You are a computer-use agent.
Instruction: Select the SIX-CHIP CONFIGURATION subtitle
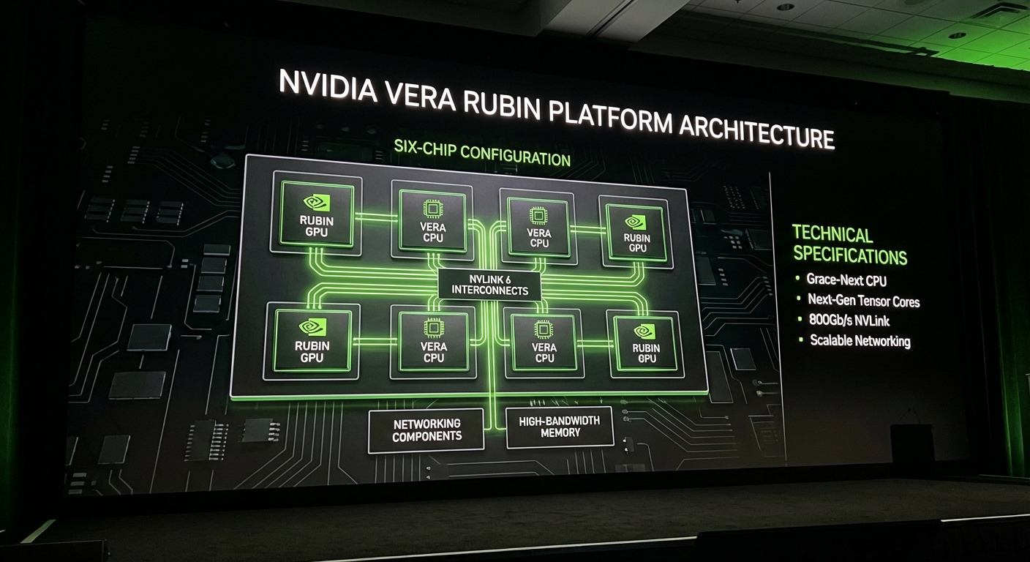point(481,151)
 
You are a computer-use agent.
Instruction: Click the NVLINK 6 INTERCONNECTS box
point(489,284)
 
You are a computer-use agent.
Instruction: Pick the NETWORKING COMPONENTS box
point(426,430)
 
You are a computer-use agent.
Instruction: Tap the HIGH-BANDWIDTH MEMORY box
point(560,427)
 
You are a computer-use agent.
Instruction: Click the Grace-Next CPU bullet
point(846,280)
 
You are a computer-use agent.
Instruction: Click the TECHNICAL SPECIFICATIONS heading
point(849,245)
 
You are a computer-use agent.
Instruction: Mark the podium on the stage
point(911,443)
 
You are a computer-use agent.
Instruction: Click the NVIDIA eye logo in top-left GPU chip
point(316,202)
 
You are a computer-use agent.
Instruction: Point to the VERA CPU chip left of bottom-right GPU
point(544,340)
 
